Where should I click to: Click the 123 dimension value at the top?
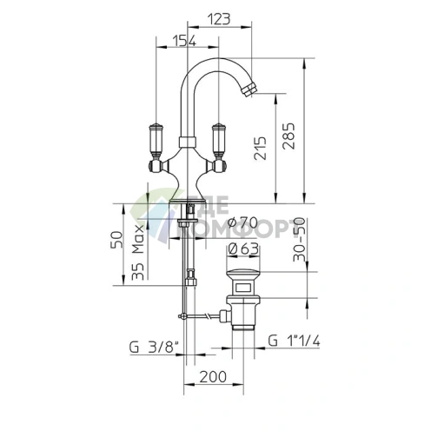[219, 19]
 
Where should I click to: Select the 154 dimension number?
[184, 41]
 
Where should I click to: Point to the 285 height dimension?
[289, 136]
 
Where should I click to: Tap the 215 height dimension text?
[260, 149]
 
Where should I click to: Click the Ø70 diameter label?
[242, 222]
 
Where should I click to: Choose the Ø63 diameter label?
[243, 249]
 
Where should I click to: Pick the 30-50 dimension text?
[299, 239]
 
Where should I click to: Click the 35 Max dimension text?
[138, 252]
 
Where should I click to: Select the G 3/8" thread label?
[154, 348]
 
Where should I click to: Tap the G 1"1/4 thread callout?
[294, 341]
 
